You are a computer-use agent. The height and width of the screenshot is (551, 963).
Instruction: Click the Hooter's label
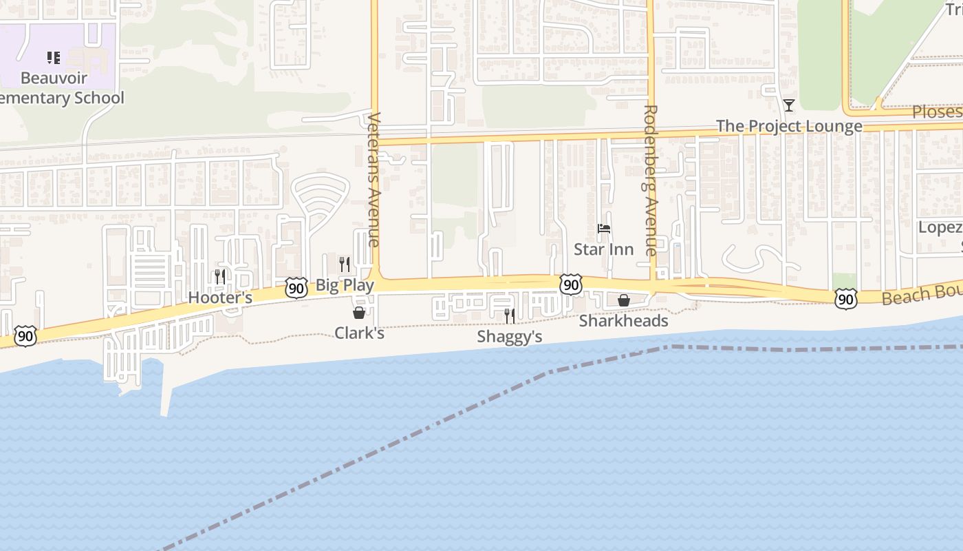pos(220,298)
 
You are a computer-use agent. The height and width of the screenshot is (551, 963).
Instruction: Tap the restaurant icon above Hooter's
pos(220,276)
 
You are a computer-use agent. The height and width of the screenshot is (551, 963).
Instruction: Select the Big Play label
pos(345,285)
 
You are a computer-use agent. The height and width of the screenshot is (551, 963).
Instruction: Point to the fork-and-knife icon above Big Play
pos(345,264)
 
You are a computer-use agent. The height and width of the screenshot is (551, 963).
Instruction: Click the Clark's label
pos(359,333)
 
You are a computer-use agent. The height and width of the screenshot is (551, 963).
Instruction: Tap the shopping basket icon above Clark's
pos(359,313)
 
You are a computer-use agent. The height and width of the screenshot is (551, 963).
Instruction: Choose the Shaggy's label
pos(510,337)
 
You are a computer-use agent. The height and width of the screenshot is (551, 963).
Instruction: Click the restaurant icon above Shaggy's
pos(510,315)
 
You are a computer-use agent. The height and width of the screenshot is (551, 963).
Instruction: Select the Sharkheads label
pos(623,321)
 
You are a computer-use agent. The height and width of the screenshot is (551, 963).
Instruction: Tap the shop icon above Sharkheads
pos(624,300)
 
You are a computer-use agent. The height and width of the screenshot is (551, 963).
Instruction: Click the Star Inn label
pos(604,249)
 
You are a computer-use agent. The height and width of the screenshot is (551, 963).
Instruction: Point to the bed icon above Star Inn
pos(604,229)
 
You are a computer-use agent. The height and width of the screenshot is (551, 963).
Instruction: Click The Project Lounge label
pos(789,127)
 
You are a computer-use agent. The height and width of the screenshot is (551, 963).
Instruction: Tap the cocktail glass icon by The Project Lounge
pos(789,105)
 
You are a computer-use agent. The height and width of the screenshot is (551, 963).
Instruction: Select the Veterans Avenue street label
pos(374,179)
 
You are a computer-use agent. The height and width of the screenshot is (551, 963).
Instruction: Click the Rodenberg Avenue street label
pos(651,180)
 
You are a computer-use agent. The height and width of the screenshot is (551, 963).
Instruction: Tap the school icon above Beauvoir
pos(54,58)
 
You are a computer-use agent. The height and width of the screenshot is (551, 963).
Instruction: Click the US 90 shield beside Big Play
pos(296,288)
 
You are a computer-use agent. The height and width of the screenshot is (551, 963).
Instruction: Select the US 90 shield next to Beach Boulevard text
pos(845,298)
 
